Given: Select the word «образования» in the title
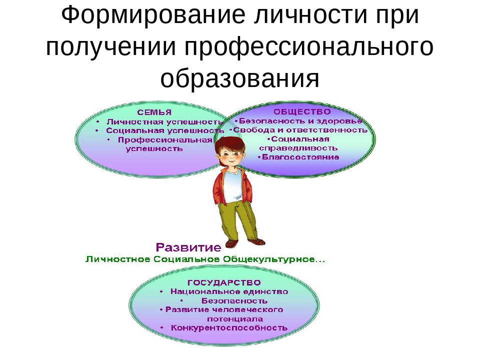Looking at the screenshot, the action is click(x=240, y=78).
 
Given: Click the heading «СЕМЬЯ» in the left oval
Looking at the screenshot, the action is click(x=154, y=112).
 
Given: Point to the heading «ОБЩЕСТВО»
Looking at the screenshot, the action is click(x=302, y=111).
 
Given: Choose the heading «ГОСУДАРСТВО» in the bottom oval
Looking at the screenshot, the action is click(x=224, y=282).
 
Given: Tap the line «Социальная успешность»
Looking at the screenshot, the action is click(x=165, y=130).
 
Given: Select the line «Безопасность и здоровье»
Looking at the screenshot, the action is click(x=300, y=121).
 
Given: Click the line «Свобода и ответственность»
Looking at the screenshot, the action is click(x=300, y=130).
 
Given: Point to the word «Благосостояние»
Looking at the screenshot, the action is click(x=300, y=157).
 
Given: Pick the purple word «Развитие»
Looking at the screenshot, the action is click(x=188, y=247).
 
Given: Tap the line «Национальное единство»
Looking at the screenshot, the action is click(x=229, y=291).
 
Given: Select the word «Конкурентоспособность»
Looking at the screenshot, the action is click(x=229, y=328).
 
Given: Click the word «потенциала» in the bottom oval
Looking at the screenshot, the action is click(x=235, y=319).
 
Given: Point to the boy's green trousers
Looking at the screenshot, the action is click(x=235, y=221).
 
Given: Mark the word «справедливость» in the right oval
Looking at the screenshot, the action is click(x=298, y=148).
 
